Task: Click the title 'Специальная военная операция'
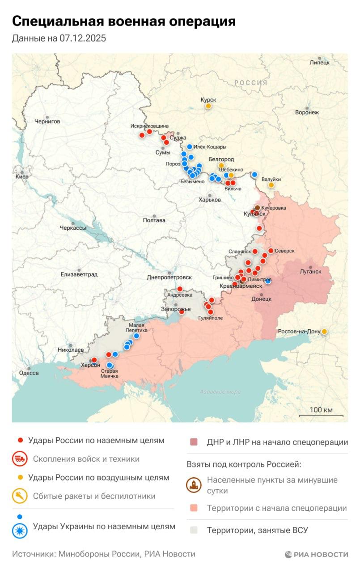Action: click(124, 21)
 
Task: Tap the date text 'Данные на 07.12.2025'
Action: click(59, 38)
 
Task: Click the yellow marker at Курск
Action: click(208, 106)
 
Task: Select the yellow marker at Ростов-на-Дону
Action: click(324, 332)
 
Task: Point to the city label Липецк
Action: click(319, 63)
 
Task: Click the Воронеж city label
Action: click(307, 113)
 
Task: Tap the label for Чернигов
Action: click(47, 121)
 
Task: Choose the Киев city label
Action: click(21, 177)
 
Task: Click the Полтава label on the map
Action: click(154, 220)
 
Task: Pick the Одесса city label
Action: click(28, 373)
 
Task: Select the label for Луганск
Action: click(310, 271)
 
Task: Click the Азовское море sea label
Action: click(220, 392)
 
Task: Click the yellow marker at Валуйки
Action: click(271, 185)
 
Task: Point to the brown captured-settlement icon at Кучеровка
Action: click(258, 208)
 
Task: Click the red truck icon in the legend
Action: click(20, 459)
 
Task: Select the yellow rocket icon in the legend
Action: click(20, 496)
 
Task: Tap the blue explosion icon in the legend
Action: click(20, 530)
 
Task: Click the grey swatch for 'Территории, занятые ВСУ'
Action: click(194, 530)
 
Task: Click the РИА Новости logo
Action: click(317, 555)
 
